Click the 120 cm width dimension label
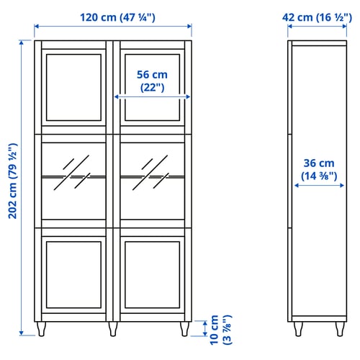117,17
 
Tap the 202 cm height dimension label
13,181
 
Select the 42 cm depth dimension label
317,17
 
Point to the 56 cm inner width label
152,81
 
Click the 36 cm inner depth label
319,169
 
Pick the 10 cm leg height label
220,330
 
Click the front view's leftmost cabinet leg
41,329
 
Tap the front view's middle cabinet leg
113,329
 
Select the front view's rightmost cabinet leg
184,329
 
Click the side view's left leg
298,329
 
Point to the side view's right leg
340,329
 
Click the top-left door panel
73,87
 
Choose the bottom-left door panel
73,275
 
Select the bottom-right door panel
153,275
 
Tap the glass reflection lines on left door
72,173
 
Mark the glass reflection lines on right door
150,173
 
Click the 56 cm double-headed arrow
153,96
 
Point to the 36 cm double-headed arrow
319,185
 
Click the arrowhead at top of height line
22,42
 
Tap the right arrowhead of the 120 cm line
189,26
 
